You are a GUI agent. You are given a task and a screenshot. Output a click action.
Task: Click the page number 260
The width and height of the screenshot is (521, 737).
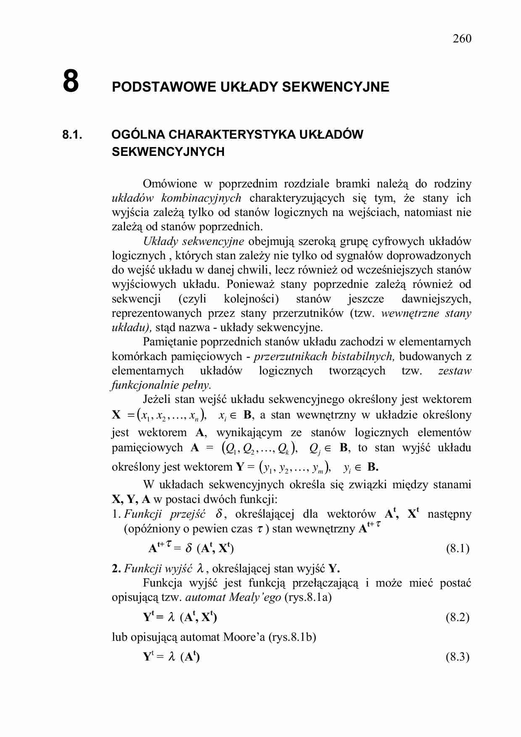point(462,39)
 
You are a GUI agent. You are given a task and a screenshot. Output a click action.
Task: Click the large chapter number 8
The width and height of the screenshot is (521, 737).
point(71,81)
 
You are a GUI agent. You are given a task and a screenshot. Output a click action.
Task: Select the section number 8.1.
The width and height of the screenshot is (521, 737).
point(72,135)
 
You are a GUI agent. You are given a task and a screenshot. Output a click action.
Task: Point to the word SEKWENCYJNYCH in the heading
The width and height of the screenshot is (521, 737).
point(168,152)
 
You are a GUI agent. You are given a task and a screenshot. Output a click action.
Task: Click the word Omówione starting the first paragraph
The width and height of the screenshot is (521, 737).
point(170,184)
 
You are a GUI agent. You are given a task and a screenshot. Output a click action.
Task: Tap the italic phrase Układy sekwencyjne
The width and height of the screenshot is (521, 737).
point(193,241)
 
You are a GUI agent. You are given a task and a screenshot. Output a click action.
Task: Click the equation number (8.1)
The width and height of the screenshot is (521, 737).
point(458,548)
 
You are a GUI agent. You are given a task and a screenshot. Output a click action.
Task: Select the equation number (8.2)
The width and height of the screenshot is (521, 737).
point(458,617)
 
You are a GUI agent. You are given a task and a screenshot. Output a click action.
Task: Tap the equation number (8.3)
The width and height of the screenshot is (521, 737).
point(458,657)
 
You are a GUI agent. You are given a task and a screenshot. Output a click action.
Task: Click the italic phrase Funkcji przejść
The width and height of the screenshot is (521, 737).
point(165,514)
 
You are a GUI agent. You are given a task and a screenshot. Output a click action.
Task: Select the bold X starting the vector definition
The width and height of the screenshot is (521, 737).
point(116,415)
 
